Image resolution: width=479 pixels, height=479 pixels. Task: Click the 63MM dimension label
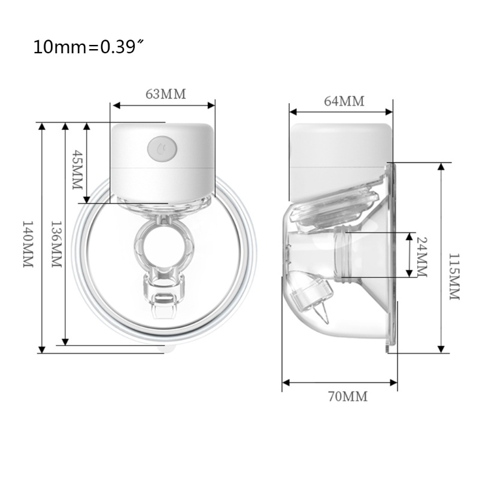pyautogui.click(x=166, y=94)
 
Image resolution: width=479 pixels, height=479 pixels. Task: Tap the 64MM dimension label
pyautogui.click(x=344, y=101)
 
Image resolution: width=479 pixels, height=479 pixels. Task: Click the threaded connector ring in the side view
pyautogui.click(x=344, y=254)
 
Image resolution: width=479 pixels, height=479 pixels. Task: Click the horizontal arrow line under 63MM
pyautogui.click(x=163, y=106)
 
